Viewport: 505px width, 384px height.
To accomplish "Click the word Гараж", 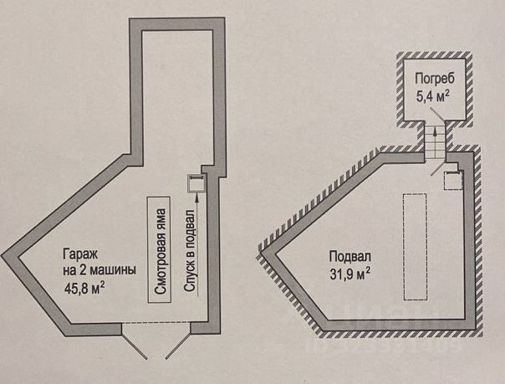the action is tap(78, 254).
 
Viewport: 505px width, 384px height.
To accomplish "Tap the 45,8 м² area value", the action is tap(85, 289).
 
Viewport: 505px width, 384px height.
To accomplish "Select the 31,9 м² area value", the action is tap(349, 273).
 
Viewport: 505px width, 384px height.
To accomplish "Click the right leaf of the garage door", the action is tap(180, 338).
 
